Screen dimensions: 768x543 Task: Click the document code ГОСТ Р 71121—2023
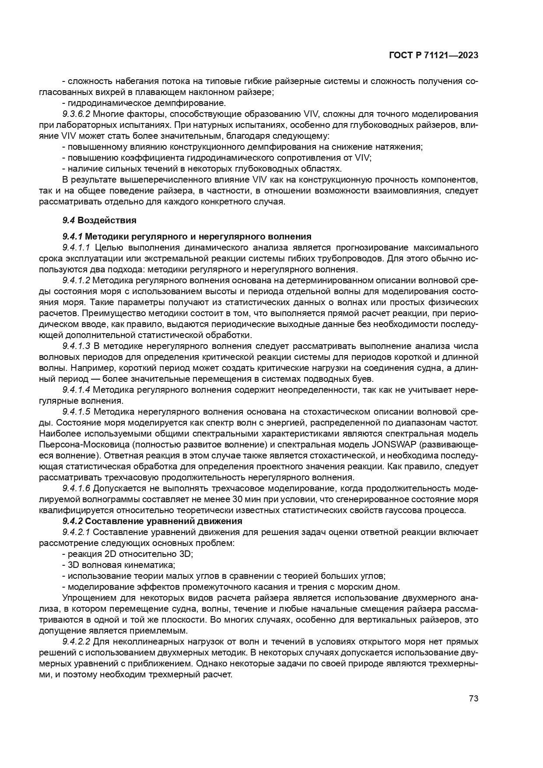433,56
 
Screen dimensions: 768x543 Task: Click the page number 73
473,698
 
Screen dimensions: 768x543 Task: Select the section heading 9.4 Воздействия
99,220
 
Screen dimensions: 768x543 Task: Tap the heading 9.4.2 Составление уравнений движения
152,521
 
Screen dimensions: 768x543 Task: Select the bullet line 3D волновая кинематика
119,565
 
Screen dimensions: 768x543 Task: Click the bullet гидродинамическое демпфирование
144,103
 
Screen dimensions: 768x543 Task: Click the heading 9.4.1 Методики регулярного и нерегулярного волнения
187,236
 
